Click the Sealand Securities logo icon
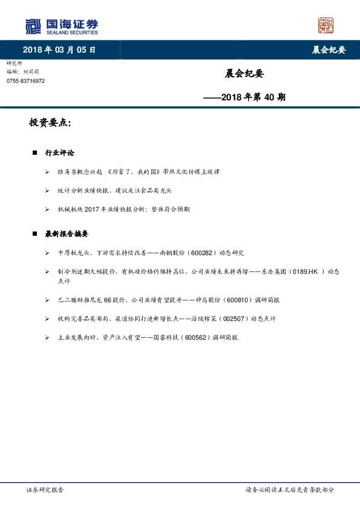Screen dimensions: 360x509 33,26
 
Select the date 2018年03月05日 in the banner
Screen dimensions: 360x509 59,50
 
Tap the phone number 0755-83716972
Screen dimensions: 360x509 25,81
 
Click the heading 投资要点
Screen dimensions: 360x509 50,123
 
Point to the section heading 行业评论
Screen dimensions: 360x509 59,153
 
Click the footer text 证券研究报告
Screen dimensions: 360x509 45,490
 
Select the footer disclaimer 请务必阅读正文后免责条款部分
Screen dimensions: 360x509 289,490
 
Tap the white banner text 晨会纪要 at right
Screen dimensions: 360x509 329,50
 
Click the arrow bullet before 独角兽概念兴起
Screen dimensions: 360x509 47,172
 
